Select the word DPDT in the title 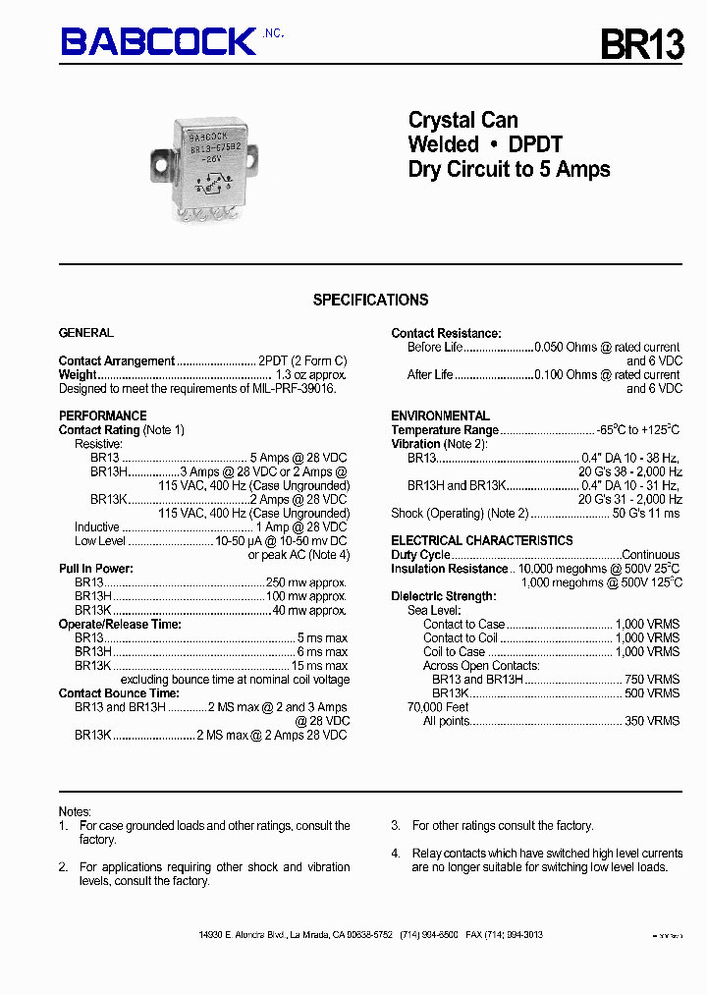(x=535, y=144)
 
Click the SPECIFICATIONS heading (x=370, y=300)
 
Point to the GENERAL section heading (x=86, y=333)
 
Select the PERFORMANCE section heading (x=102, y=415)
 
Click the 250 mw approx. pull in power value (x=306, y=582)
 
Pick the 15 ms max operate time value (x=321, y=665)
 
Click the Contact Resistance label (x=446, y=333)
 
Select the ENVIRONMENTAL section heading (x=440, y=415)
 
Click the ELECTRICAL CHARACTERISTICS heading (x=481, y=540)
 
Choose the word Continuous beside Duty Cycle (x=650, y=555)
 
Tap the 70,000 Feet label (x=438, y=706)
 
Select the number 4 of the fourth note (x=395, y=853)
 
